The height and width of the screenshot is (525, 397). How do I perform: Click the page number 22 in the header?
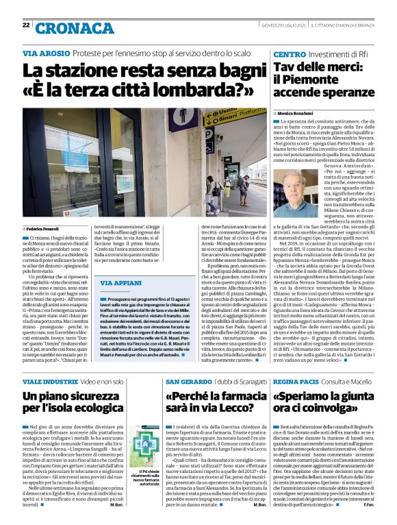pyautogui.click(x=25, y=25)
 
